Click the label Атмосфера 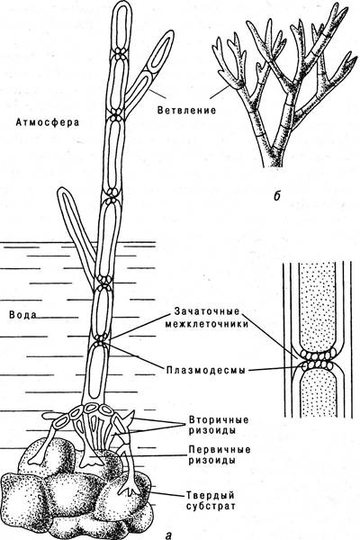point(48,121)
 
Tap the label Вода point(22,315)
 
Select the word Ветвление point(186,110)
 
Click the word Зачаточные point(207,311)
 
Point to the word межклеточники point(206,324)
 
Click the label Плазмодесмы point(206,370)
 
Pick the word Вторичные point(219,420)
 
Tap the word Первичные point(220,450)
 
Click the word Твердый point(211,496)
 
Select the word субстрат point(211,507)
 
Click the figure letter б point(276,195)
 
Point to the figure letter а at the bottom point(168,535)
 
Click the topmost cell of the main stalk point(122,26)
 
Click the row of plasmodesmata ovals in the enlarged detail point(318,364)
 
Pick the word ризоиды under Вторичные point(212,431)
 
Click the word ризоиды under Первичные point(212,461)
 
